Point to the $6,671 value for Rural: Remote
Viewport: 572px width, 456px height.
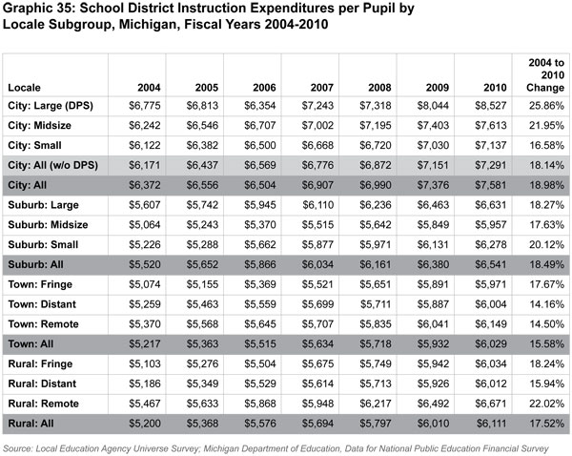[x=486, y=401]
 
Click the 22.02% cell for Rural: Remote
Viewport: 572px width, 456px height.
[x=541, y=401]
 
